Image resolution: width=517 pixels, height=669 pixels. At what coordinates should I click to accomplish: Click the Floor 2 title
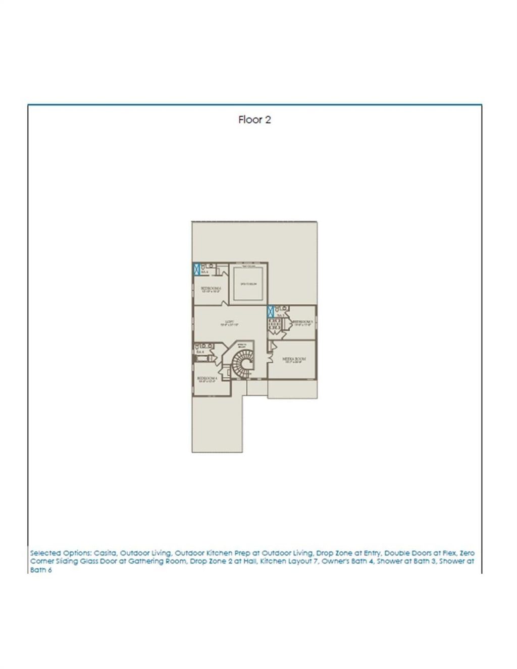click(x=254, y=120)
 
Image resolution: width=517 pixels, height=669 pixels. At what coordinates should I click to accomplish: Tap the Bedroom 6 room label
click(x=211, y=289)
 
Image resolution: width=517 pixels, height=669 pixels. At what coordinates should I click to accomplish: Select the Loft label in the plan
click(x=229, y=322)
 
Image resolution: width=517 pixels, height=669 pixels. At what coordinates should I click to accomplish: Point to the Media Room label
click(x=293, y=360)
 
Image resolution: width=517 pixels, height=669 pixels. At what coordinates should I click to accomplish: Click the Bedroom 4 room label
click(x=207, y=379)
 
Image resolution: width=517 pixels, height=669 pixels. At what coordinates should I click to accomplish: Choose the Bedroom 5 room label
click(x=303, y=322)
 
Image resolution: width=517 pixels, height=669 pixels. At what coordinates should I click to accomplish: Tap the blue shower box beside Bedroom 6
click(x=196, y=268)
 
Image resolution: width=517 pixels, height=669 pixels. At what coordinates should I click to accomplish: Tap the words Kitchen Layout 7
click(x=289, y=562)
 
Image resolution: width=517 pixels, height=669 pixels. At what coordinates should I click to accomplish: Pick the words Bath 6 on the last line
click(x=41, y=570)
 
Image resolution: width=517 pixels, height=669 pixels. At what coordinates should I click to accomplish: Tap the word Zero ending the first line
click(x=467, y=553)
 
